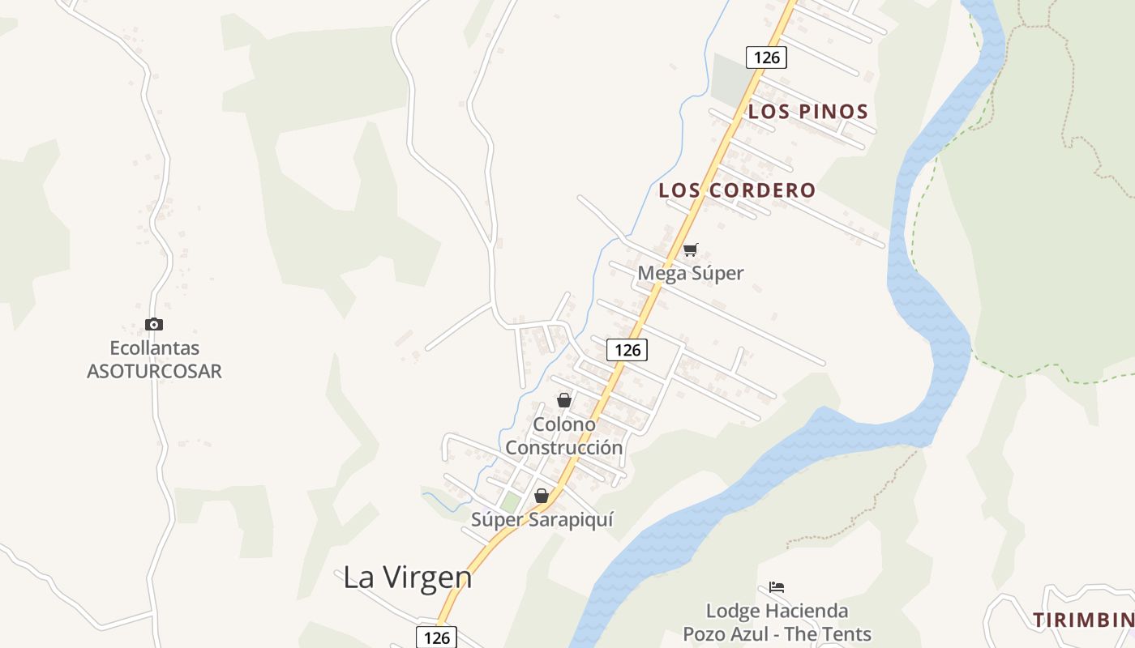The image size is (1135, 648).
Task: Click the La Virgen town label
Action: pyautogui.click(x=407, y=578)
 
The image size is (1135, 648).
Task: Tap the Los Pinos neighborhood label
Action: pyautogui.click(x=807, y=112)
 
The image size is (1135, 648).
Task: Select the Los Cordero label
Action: pyautogui.click(x=737, y=190)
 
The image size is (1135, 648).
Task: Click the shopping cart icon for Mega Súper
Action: pyautogui.click(x=690, y=250)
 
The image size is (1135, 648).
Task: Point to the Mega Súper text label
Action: pyautogui.click(x=690, y=273)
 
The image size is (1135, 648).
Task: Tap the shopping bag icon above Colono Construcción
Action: pyautogui.click(x=564, y=400)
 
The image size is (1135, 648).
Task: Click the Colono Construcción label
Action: pyautogui.click(x=564, y=436)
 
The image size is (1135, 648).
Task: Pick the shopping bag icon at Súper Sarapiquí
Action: pyautogui.click(x=542, y=496)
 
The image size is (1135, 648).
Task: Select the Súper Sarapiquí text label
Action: pyautogui.click(x=542, y=519)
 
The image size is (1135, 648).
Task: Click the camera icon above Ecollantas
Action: pyautogui.click(x=154, y=325)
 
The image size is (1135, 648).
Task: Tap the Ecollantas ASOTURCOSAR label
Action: pyautogui.click(x=154, y=360)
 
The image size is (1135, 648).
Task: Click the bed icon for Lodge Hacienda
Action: pyautogui.click(x=777, y=587)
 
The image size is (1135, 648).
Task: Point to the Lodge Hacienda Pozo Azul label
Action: pyautogui.click(x=777, y=622)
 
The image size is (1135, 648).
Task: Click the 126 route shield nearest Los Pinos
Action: pyautogui.click(x=766, y=57)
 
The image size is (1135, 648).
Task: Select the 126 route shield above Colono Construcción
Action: pyautogui.click(x=627, y=350)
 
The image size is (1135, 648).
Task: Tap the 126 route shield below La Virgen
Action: pyautogui.click(x=437, y=637)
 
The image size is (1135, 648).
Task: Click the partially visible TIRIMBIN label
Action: pyautogui.click(x=1083, y=620)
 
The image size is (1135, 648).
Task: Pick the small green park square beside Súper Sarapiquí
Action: pyautogui.click(x=510, y=502)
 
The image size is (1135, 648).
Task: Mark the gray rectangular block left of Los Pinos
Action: pyautogui.click(x=732, y=79)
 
